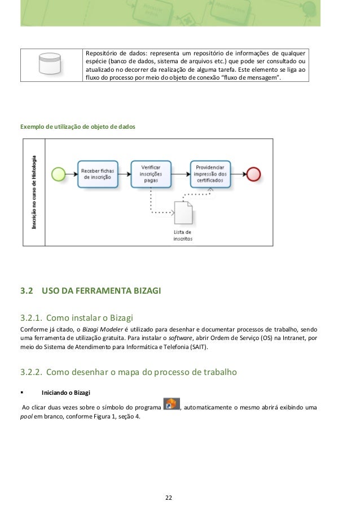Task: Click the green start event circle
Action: click(x=58, y=172)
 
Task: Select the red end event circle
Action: click(x=253, y=172)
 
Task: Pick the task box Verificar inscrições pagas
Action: click(x=150, y=172)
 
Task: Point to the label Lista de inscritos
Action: click(x=182, y=235)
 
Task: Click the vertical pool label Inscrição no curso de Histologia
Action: click(x=34, y=191)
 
